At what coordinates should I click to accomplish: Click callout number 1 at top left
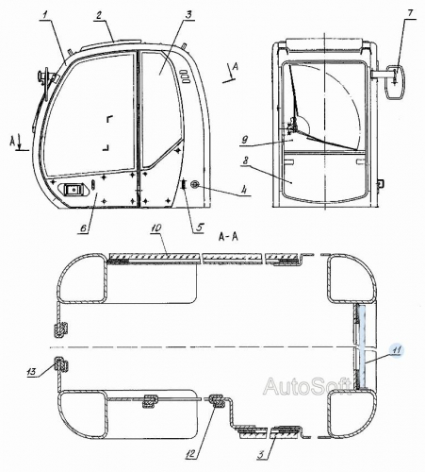click(45, 14)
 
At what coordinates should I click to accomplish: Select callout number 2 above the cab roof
click(99, 16)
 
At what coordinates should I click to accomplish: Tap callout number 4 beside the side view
click(243, 190)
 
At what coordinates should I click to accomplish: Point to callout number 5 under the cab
click(200, 227)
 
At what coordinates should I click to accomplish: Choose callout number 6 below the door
click(84, 228)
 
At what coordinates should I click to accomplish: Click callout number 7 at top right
click(410, 13)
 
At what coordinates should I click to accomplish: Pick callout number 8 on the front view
click(245, 160)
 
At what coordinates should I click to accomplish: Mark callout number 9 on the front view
click(246, 140)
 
